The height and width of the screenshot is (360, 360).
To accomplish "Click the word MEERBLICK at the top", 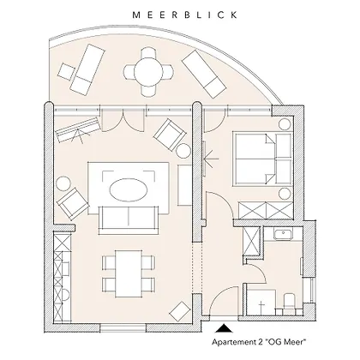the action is point(185,15).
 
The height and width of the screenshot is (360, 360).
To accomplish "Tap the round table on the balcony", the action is point(148,72).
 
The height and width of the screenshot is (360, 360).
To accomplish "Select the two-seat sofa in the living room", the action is point(129,220).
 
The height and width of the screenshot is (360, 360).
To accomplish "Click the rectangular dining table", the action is point(129,273).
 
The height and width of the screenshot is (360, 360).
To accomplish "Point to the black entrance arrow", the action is point(224,328).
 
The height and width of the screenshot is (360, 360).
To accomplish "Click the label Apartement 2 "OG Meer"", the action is point(259,342).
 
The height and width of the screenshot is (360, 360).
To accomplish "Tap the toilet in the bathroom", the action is point(289,303).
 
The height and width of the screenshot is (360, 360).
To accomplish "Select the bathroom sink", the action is point(283,234).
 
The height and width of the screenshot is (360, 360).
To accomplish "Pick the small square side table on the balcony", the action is point(67,72).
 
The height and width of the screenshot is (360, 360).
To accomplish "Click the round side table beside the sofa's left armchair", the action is point(63,183).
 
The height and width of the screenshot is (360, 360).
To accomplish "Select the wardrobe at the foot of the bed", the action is point(266,210).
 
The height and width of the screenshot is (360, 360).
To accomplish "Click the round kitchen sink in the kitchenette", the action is point(65,295).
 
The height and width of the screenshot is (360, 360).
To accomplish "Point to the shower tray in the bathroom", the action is point(261,303).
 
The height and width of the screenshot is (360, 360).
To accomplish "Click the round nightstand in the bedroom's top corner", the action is point(285,125).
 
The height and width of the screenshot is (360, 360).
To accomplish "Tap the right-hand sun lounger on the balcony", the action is point(204,74).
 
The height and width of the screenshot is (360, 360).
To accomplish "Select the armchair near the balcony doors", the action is point(169,135).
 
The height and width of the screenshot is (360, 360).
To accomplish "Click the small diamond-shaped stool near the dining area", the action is point(180,311).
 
